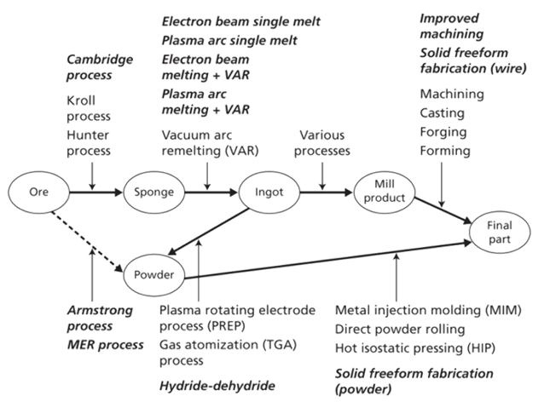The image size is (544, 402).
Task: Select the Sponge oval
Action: [153, 192]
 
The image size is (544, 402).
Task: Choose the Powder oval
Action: [154, 275]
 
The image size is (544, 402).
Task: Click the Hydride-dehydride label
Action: [217, 386]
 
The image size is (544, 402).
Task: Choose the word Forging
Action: [442, 132]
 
